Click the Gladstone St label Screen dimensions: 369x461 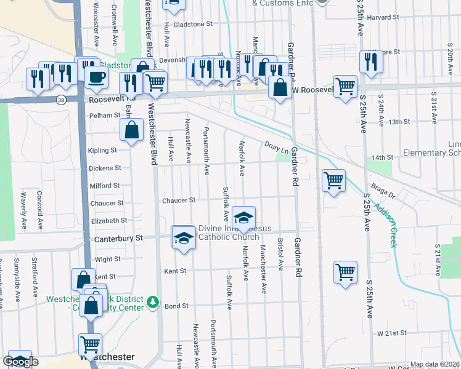(192, 24)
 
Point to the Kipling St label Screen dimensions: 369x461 (102, 151)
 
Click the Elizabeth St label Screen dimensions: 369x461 (108, 221)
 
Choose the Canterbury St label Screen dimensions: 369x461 (118, 238)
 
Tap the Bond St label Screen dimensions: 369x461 (176, 306)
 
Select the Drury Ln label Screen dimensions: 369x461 (277, 147)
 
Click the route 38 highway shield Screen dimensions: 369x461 (60, 99)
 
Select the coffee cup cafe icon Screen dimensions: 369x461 (96, 77)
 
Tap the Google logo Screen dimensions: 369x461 (21, 362)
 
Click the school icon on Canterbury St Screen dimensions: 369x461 (183, 238)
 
